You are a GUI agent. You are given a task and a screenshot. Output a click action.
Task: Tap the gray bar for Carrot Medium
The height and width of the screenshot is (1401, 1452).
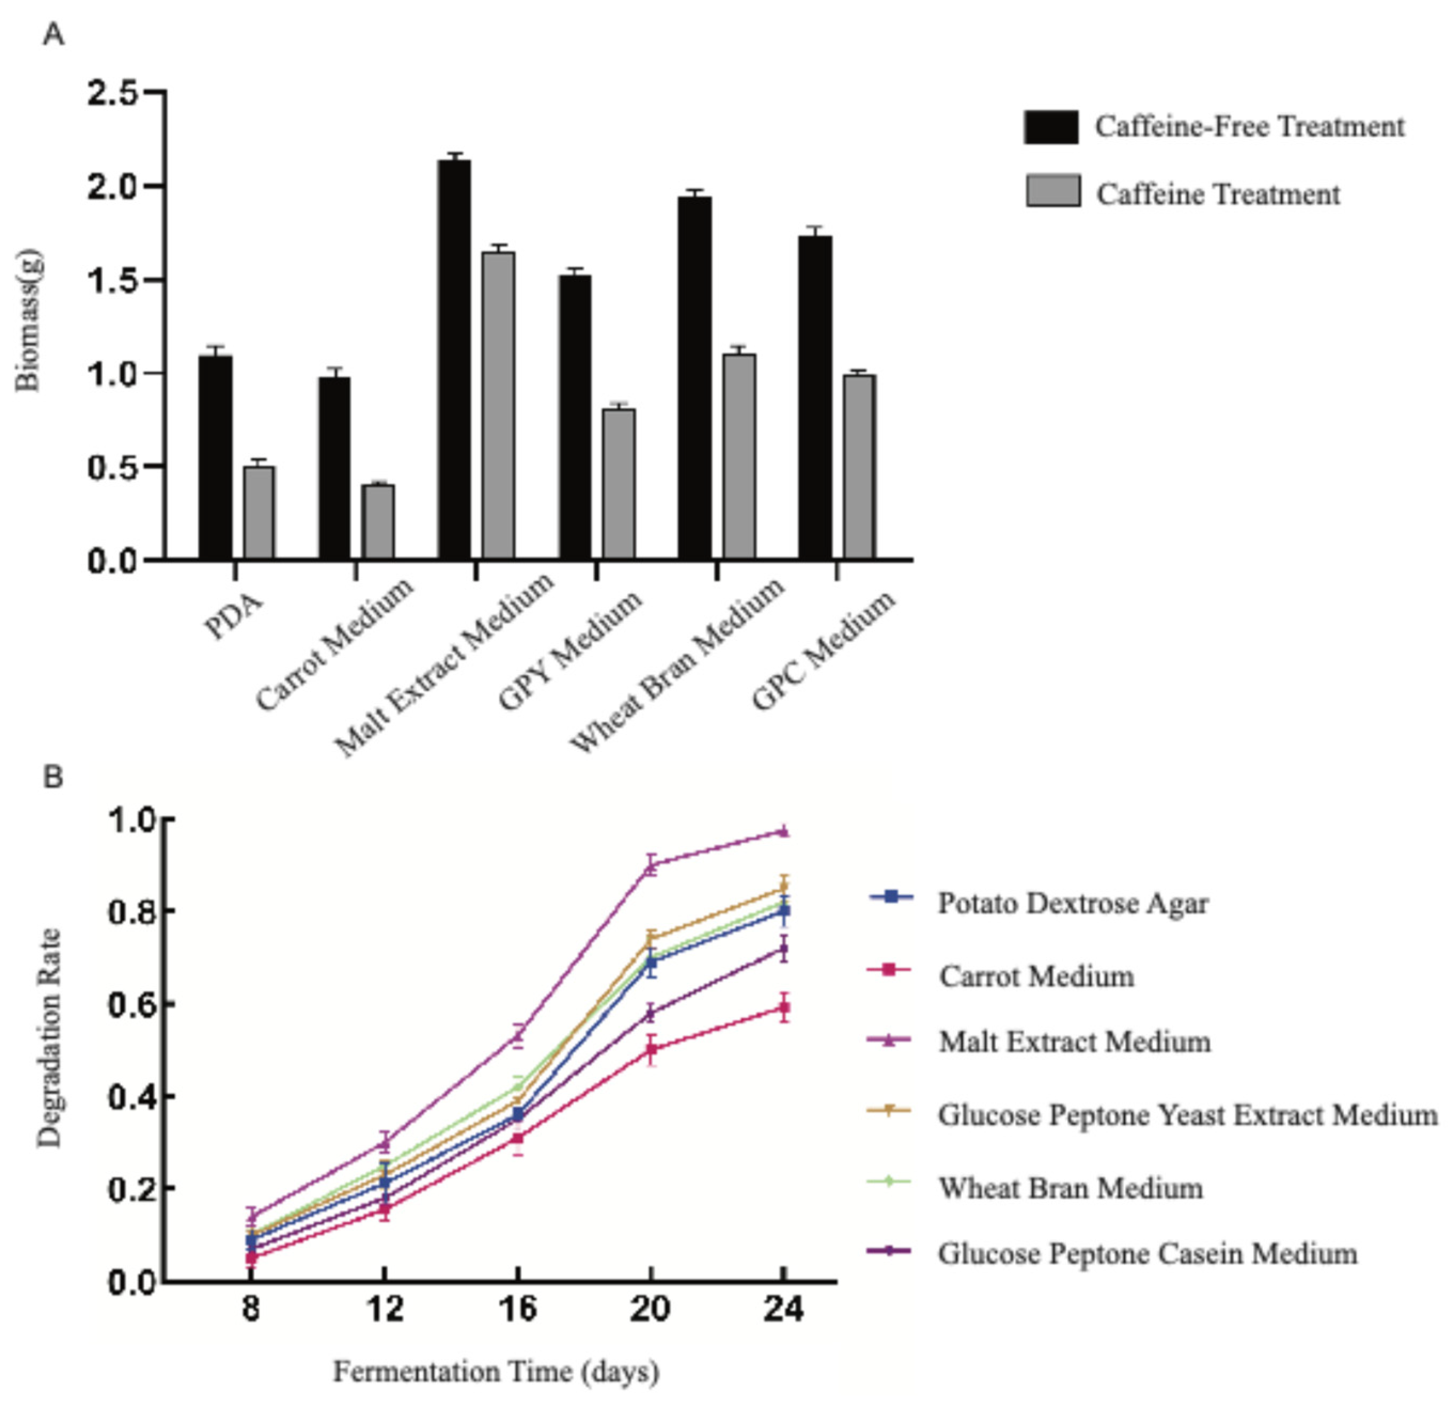click(x=378, y=522)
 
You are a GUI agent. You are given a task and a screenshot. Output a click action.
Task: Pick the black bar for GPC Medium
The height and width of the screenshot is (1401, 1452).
click(x=815, y=397)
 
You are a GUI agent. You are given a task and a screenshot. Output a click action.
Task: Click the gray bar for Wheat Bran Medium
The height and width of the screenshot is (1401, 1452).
click(x=739, y=456)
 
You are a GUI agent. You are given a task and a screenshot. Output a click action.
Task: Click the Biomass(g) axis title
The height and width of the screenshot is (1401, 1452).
click(x=29, y=320)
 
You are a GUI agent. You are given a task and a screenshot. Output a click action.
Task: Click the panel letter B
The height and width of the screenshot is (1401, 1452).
click(x=53, y=777)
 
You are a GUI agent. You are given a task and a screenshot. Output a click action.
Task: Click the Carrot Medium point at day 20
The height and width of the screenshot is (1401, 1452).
click(x=651, y=1049)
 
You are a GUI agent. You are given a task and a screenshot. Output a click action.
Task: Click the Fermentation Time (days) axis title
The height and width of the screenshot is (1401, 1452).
click(x=496, y=1372)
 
